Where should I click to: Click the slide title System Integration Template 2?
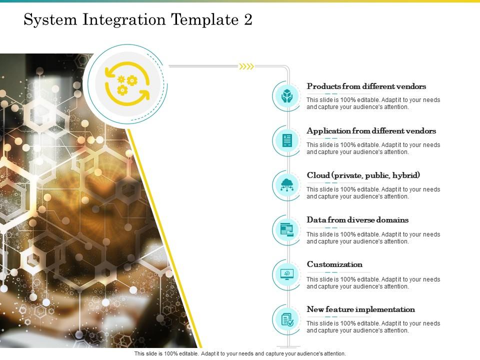point(138,20)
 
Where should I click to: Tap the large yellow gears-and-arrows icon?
point(127,83)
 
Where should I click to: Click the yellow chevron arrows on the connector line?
point(246,66)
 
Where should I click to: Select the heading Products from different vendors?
point(366,86)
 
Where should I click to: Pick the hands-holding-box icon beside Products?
point(287,96)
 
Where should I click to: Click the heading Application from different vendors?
point(371,131)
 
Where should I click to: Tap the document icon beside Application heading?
point(287,140)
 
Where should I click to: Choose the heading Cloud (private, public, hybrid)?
point(363,175)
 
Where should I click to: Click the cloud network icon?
point(287,185)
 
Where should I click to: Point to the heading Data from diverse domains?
point(357,220)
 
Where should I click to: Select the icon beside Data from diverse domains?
point(287,230)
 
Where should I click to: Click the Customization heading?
point(334,264)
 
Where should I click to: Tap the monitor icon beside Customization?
point(287,274)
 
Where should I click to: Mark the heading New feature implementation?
point(360,309)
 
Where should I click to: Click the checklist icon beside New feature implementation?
point(287,319)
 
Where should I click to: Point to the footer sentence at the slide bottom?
point(240,353)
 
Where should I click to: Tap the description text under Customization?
point(373,283)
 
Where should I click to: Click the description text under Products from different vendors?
point(373,103)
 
